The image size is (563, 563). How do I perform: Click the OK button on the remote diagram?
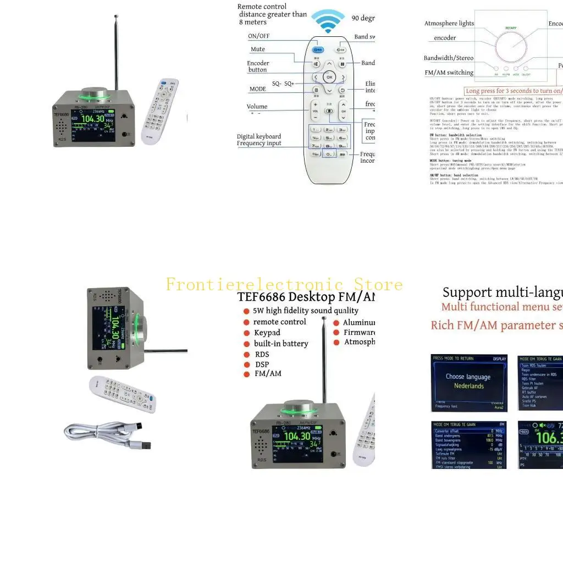pyautogui.click(x=328, y=78)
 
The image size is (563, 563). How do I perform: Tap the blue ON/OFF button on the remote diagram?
pyautogui.click(x=318, y=49)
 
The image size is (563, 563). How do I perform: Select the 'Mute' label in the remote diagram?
pyautogui.click(x=258, y=49)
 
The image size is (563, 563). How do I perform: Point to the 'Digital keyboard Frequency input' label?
pyautogui.click(x=259, y=140)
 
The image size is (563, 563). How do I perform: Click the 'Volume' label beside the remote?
pyautogui.click(x=257, y=107)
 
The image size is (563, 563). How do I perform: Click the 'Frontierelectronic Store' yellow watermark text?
pyautogui.click(x=284, y=284)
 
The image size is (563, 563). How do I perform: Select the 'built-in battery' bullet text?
pyautogui.click(x=281, y=344)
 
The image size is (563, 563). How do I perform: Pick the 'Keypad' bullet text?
pyautogui.click(x=267, y=333)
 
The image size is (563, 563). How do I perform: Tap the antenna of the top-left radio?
pyautogui.click(x=116, y=49)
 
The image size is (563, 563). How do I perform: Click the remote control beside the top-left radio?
pyautogui.click(x=159, y=110)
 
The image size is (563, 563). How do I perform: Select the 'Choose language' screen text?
pyautogui.click(x=468, y=377)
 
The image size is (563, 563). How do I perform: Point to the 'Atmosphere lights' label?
pyautogui.click(x=449, y=24)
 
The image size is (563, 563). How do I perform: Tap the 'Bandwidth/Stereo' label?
pyautogui.click(x=448, y=58)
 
